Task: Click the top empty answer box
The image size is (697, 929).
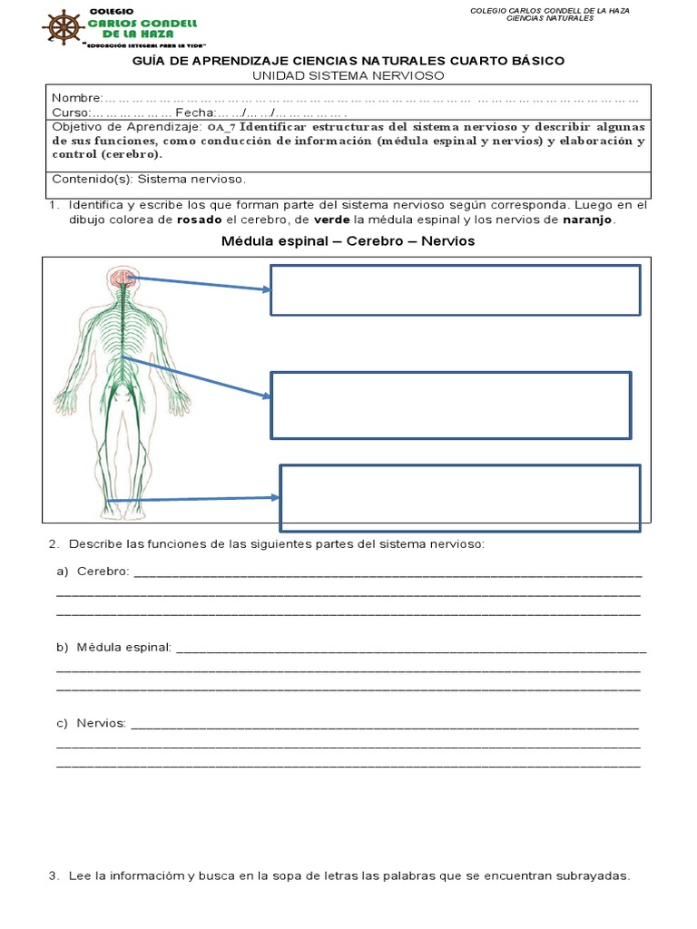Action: point(456,289)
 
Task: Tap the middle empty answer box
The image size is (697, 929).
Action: point(451,405)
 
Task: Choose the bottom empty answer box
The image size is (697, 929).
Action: point(460,498)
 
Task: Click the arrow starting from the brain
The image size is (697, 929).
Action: point(200,284)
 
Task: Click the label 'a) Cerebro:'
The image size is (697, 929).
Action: point(93,572)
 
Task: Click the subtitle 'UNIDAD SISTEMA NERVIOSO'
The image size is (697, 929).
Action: point(348,76)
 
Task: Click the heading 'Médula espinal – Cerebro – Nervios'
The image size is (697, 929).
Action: point(348,241)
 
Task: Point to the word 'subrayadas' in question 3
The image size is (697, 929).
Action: point(594,876)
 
